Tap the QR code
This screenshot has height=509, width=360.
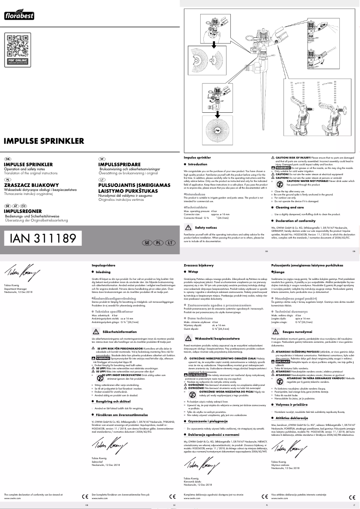click(x=17, y=46)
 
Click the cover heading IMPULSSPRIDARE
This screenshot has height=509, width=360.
click(x=123, y=164)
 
